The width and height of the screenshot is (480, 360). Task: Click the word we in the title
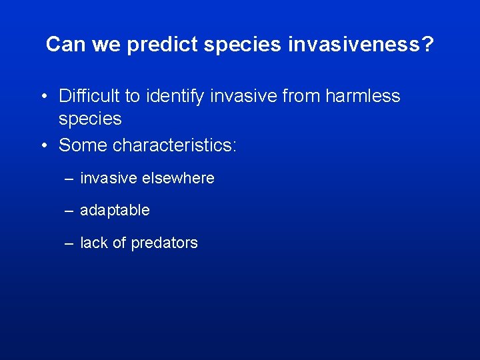click(103, 45)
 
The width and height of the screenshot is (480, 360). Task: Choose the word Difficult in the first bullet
click(89, 96)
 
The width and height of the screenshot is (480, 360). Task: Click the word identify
click(174, 96)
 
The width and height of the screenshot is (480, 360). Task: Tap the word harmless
click(363, 96)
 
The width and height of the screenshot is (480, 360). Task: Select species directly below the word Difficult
click(90, 119)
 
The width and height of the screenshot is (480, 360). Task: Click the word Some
click(83, 145)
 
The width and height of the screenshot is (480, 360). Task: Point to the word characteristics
click(175, 145)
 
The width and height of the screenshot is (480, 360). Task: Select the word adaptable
click(115, 211)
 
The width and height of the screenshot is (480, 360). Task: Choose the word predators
click(164, 243)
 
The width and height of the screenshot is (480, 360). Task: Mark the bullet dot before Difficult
click(43, 97)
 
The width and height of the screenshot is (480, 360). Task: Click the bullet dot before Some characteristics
click(43, 145)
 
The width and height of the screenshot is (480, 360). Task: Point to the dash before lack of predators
click(69, 243)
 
